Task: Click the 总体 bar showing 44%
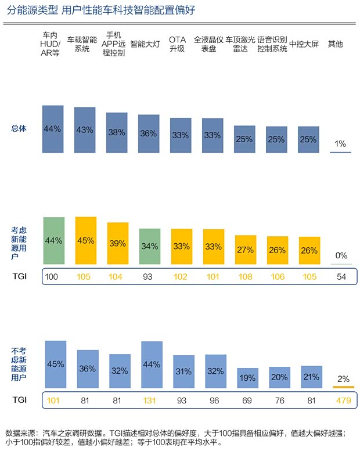pyautogui.click(x=53, y=129)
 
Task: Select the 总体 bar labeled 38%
pyautogui.click(x=117, y=132)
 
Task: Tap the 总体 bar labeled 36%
pyautogui.click(x=149, y=134)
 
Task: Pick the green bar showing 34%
pyautogui.click(x=149, y=246)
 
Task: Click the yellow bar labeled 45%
pyautogui.click(x=85, y=241)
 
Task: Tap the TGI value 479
pyautogui.click(x=343, y=399)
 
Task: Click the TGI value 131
pyautogui.click(x=149, y=399)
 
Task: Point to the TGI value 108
pyautogui.click(x=245, y=277)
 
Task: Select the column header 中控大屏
pyautogui.click(x=303, y=44)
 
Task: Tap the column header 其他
pyautogui.click(x=336, y=44)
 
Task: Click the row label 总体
pyautogui.click(x=19, y=128)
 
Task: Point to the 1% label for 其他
pyautogui.click(x=340, y=143)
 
